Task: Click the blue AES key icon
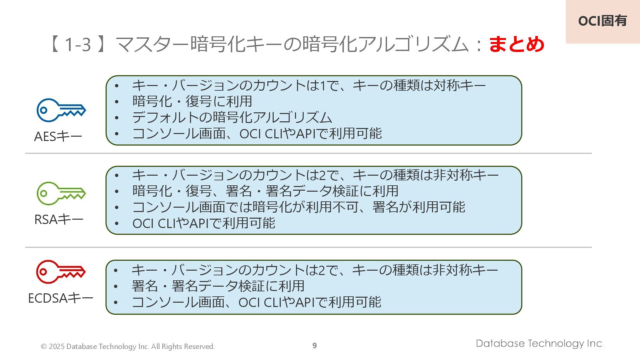tap(61, 110)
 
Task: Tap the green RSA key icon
tap(61, 193)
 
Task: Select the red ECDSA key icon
tap(61, 272)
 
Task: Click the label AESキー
tap(58, 137)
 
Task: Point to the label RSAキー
tap(59, 220)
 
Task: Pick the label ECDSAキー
tap(60, 298)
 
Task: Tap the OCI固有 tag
tap(602, 21)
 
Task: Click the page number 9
tap(314, 346)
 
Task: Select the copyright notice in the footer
tap(128, 347)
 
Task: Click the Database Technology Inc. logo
tap(540, 344)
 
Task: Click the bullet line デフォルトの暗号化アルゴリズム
tap(232, 117)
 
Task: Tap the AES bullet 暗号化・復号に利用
tap(192, 101)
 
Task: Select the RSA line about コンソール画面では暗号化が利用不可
tap(298, 207)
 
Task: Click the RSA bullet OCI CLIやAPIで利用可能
tap(204, 223)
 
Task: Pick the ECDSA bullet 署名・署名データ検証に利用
tap(218, 286)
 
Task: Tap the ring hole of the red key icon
tap(43, 272)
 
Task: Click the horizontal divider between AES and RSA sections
tap(308, 153)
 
